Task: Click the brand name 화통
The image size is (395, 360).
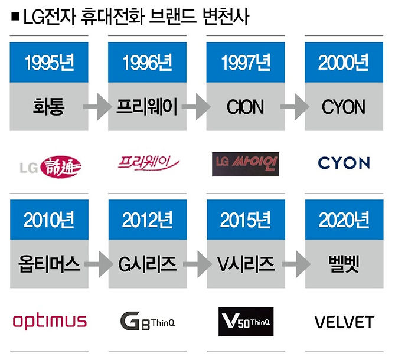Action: point(49,107)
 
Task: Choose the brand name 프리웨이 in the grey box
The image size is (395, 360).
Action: point(148,107)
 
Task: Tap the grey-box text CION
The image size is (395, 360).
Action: point(245,107)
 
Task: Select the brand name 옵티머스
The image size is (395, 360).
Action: point(49,263)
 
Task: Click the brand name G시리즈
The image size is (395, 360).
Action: point(148,263)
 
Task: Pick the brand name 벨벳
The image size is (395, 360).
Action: point(344,263)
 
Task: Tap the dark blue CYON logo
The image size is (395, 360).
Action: point(344,163)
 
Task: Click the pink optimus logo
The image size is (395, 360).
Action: point(49,322)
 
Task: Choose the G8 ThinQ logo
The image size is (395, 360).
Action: point(148,322)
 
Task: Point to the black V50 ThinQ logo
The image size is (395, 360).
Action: point(245,322)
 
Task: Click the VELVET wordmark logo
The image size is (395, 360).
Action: point(344,322)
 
